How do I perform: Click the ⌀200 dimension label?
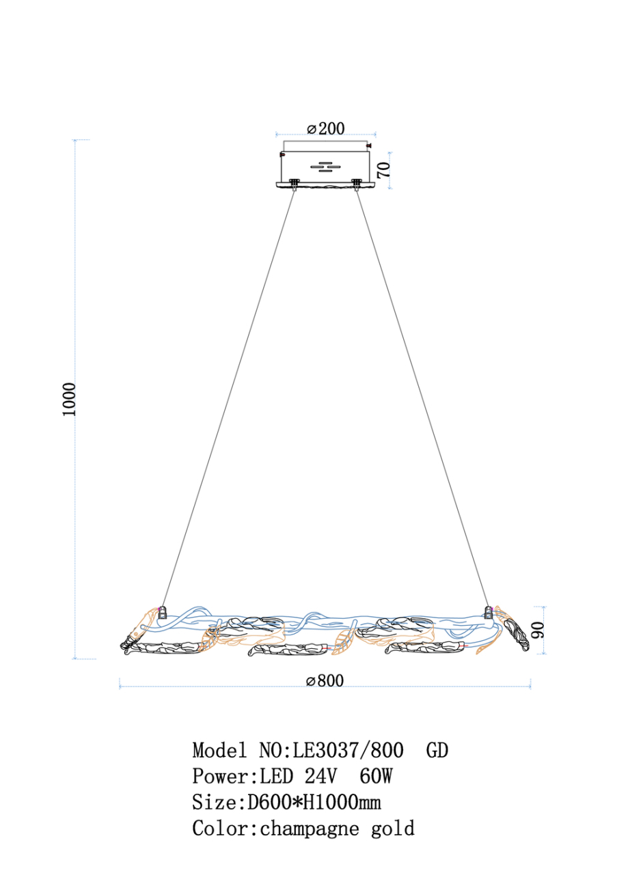pyautogui.click(x=325, y=129)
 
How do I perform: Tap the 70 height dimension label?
pyautogui.click(x=384, y=169)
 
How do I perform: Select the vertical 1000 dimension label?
pyautogui.click(x=69, y=399)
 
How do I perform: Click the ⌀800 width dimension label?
pyautogui.click(x=325, y=680)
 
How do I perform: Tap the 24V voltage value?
pyautogui.click(x=320, y=776)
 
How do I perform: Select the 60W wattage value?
pyautogui.click(x=376, y=776)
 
